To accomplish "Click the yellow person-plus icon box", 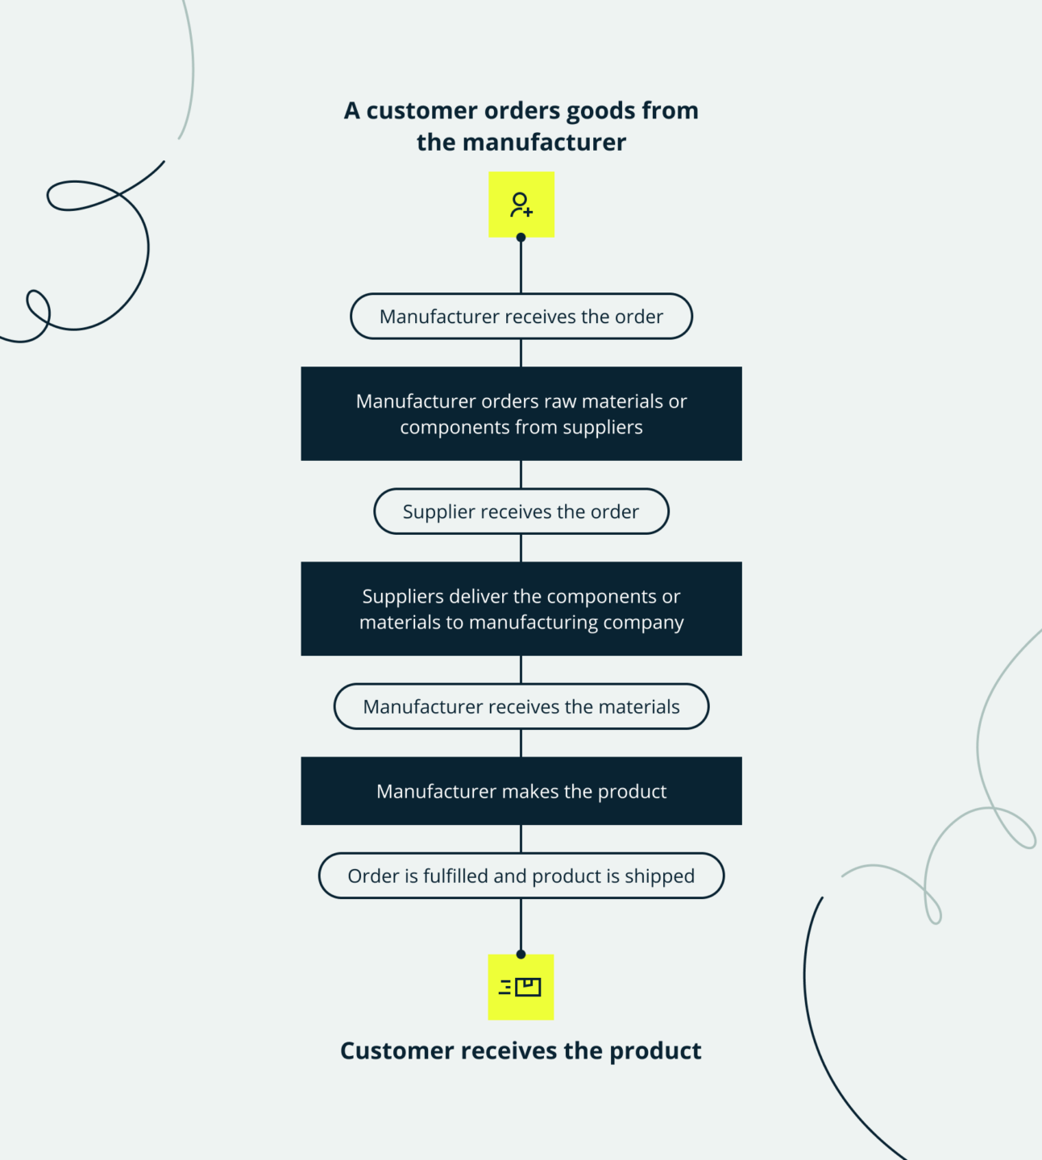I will point(521,204).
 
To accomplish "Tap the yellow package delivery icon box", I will point(521,987).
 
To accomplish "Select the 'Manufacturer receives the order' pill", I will point(521,317).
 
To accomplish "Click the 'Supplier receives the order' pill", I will point(521,512).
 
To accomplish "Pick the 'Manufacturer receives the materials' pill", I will point(521,706).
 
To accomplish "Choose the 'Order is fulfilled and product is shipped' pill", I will point(521,876).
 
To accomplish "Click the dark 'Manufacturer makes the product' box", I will point(521,791).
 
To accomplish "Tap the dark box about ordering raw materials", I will point(521,414).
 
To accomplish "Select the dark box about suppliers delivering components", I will point(521,609).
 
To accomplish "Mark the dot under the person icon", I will point(521,238).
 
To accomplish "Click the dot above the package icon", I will point(521,955).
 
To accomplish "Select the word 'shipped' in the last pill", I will point(659,876).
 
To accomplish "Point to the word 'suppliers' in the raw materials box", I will point(602,428).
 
